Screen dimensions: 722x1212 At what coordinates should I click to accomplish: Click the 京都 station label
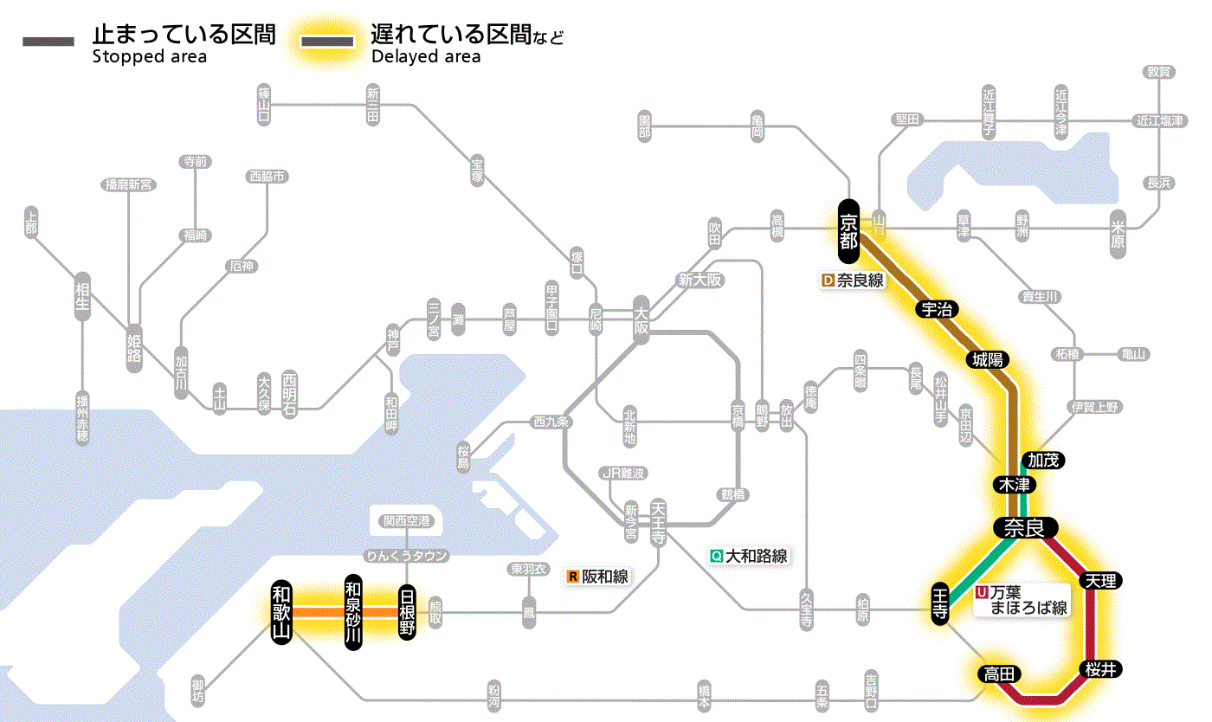pos(848,231)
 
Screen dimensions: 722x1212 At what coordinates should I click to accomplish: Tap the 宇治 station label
pos(938,309)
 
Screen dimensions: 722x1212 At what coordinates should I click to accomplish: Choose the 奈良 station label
pos(1025,527)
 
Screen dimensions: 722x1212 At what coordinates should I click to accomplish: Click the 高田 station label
pos(1000,674)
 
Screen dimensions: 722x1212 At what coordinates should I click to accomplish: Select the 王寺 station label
pos(942,603)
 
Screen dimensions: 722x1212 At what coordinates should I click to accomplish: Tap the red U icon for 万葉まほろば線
pos(982,593)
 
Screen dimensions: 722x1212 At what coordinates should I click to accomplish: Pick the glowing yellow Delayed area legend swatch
pos(326,41)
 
